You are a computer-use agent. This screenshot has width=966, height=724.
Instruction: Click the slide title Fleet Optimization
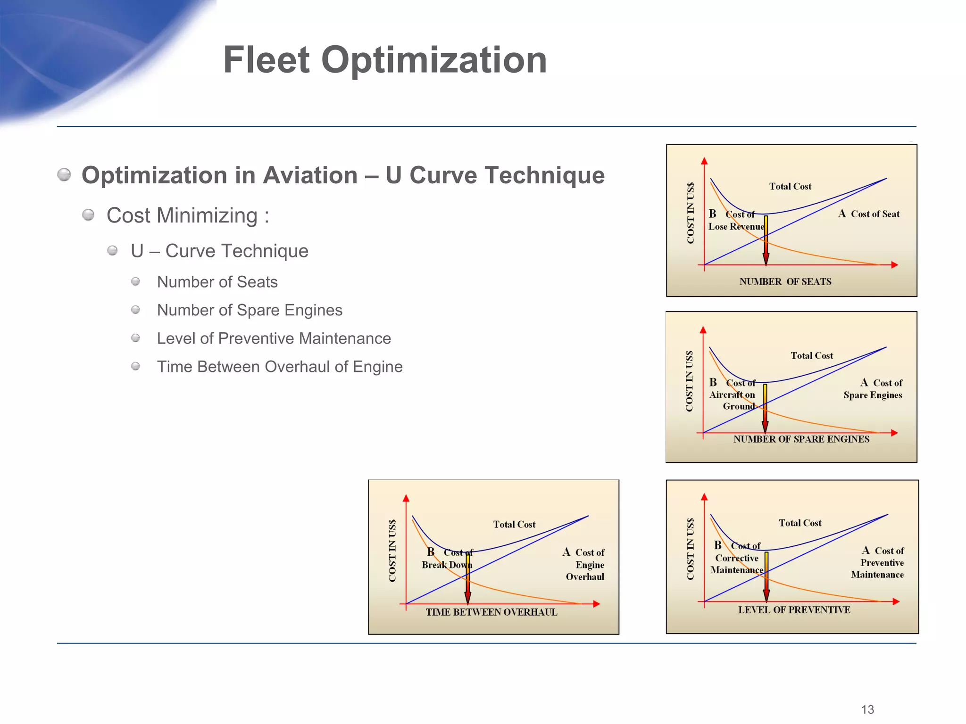tap(384, 60)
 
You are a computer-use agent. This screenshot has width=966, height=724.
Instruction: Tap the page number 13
tap(867, 709)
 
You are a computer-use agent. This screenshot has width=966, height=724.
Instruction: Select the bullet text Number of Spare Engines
tap(250, 310)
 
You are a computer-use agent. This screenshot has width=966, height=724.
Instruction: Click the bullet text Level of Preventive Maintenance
tap(274, 338)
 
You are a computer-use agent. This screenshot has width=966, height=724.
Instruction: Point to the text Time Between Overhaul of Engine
tap(279, 367)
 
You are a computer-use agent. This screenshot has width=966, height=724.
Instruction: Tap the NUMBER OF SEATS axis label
tap(785, 282)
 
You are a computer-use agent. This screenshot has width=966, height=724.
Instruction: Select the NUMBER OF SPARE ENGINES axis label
tap(801, 439)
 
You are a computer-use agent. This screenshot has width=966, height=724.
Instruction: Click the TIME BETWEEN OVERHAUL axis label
tap(491, 612)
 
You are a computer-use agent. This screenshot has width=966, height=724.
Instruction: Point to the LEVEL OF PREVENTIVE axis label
tap(794, 610)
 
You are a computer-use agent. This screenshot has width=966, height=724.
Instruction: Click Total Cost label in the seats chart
tap(790, 187)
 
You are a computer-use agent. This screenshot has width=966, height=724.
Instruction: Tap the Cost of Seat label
tap(874, 214)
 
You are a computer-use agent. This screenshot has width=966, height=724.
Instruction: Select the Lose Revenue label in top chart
tap(735, 227)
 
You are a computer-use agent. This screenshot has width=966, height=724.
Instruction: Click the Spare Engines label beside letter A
tap(873, 395)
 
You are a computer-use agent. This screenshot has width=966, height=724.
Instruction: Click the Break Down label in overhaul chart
tap(446, 565)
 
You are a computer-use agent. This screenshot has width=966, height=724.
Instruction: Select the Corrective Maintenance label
tap(736, 564)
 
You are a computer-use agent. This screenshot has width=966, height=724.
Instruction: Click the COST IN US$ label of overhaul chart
tap(392, 551)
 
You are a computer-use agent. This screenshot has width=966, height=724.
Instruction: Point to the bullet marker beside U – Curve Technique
tap(112, 250)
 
